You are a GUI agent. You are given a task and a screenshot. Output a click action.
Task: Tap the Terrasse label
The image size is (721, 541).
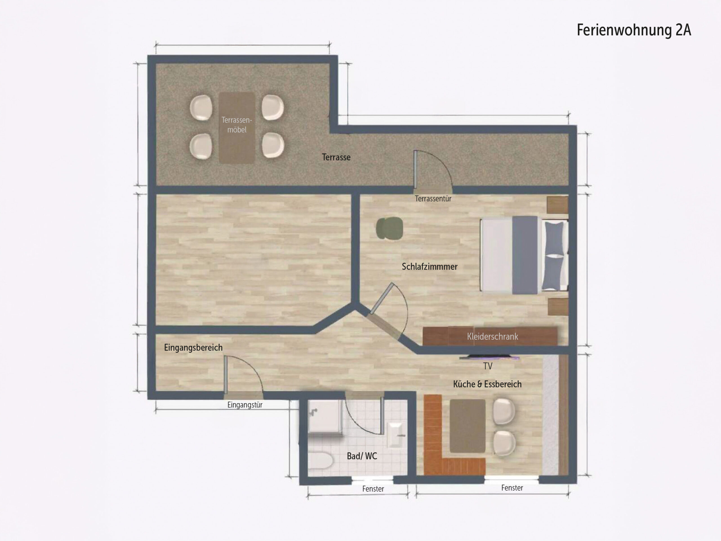tap(336, 157)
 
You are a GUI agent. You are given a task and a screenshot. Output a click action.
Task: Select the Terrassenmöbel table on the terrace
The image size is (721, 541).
tap(237, 128)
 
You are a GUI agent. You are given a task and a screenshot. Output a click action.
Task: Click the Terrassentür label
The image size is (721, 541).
tap(433, 199)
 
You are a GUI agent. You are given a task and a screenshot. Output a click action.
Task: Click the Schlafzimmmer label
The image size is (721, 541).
tap(430, 267)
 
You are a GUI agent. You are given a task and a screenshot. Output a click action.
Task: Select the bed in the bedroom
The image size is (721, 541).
tap(524, 255)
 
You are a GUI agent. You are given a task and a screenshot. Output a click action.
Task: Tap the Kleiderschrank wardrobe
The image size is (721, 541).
tap(490, 336)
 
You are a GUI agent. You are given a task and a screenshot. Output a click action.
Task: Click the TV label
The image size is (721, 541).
tap(488, 366)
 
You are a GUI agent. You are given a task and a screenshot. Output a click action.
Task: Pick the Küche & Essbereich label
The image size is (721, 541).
tap(487, 384)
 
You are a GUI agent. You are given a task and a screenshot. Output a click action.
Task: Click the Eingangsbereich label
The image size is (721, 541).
tap(193, 348)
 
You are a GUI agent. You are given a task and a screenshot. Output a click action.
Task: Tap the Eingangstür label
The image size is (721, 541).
tap(245, 405)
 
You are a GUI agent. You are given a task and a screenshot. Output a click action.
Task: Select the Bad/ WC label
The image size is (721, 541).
tap(362, 456)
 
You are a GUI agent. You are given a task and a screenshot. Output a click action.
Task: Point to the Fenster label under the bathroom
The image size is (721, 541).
tap(373, 489)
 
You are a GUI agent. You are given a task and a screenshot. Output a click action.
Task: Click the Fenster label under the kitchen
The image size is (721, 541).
tap(512, 488)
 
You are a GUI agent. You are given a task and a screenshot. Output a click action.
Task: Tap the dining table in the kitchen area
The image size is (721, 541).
tap(468, 426)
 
